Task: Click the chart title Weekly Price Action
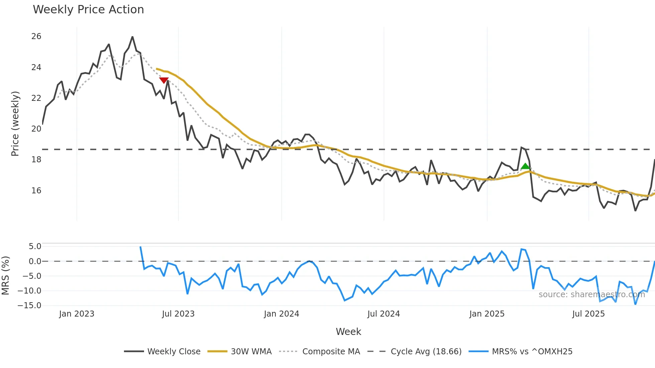(88, 10)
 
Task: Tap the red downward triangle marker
(164, 80)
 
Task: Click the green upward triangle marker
(525, 166)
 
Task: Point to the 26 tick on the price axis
(36, 36)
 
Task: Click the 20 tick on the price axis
(36, 129)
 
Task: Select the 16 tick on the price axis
(36, 191)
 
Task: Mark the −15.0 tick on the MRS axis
(29, 306)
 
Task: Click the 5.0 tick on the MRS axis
(35, 246)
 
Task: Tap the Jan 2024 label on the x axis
(281, 314)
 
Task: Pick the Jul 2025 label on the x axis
(588, 314)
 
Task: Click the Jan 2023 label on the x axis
(77, 314)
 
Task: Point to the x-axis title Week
(348, 332)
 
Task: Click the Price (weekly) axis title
(15, 124)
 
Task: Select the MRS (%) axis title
(5, 275)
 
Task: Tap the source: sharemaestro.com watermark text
(592, 295)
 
